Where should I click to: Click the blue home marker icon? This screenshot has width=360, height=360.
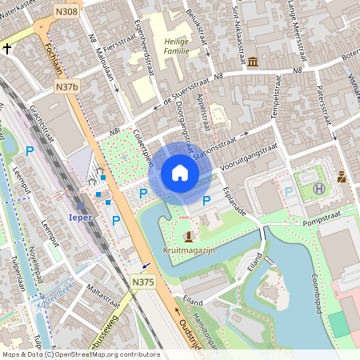point(180,173)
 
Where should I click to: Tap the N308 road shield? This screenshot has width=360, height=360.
point(66,11)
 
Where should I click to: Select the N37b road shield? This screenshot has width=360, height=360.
point(66,87)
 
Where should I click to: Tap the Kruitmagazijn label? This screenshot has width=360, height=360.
point(188,250)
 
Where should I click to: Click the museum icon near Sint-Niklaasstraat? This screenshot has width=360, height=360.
point(253,62)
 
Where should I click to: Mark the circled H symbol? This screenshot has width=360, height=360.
point(319,189)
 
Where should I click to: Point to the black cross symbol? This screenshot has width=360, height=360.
point(7,48)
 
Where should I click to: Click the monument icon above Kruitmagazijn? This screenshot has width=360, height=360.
point(188,237)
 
